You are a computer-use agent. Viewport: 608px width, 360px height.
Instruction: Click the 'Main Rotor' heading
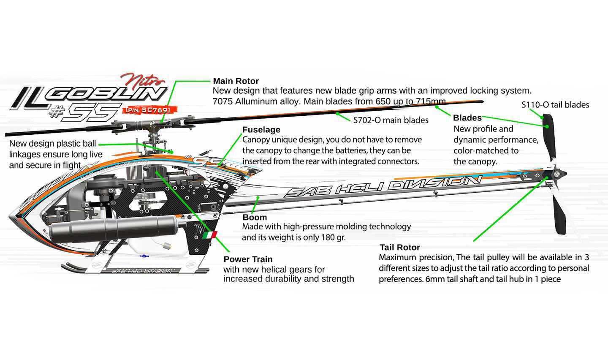236,81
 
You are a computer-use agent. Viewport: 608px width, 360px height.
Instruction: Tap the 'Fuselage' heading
261,130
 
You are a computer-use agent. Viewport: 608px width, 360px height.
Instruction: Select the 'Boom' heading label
255,218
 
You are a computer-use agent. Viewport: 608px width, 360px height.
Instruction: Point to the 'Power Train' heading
248,259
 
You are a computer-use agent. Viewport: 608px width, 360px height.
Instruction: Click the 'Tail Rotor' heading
399,248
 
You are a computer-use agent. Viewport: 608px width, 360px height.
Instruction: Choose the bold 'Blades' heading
467,118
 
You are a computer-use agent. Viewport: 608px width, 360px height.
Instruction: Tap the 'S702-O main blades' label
391,120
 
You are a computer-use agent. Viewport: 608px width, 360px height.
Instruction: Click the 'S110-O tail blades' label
555,105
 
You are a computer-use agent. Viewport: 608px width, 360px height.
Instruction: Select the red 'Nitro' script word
142,79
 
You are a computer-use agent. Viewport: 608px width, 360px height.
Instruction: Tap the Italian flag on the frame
209,235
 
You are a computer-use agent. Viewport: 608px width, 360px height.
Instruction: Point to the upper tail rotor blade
549,135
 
